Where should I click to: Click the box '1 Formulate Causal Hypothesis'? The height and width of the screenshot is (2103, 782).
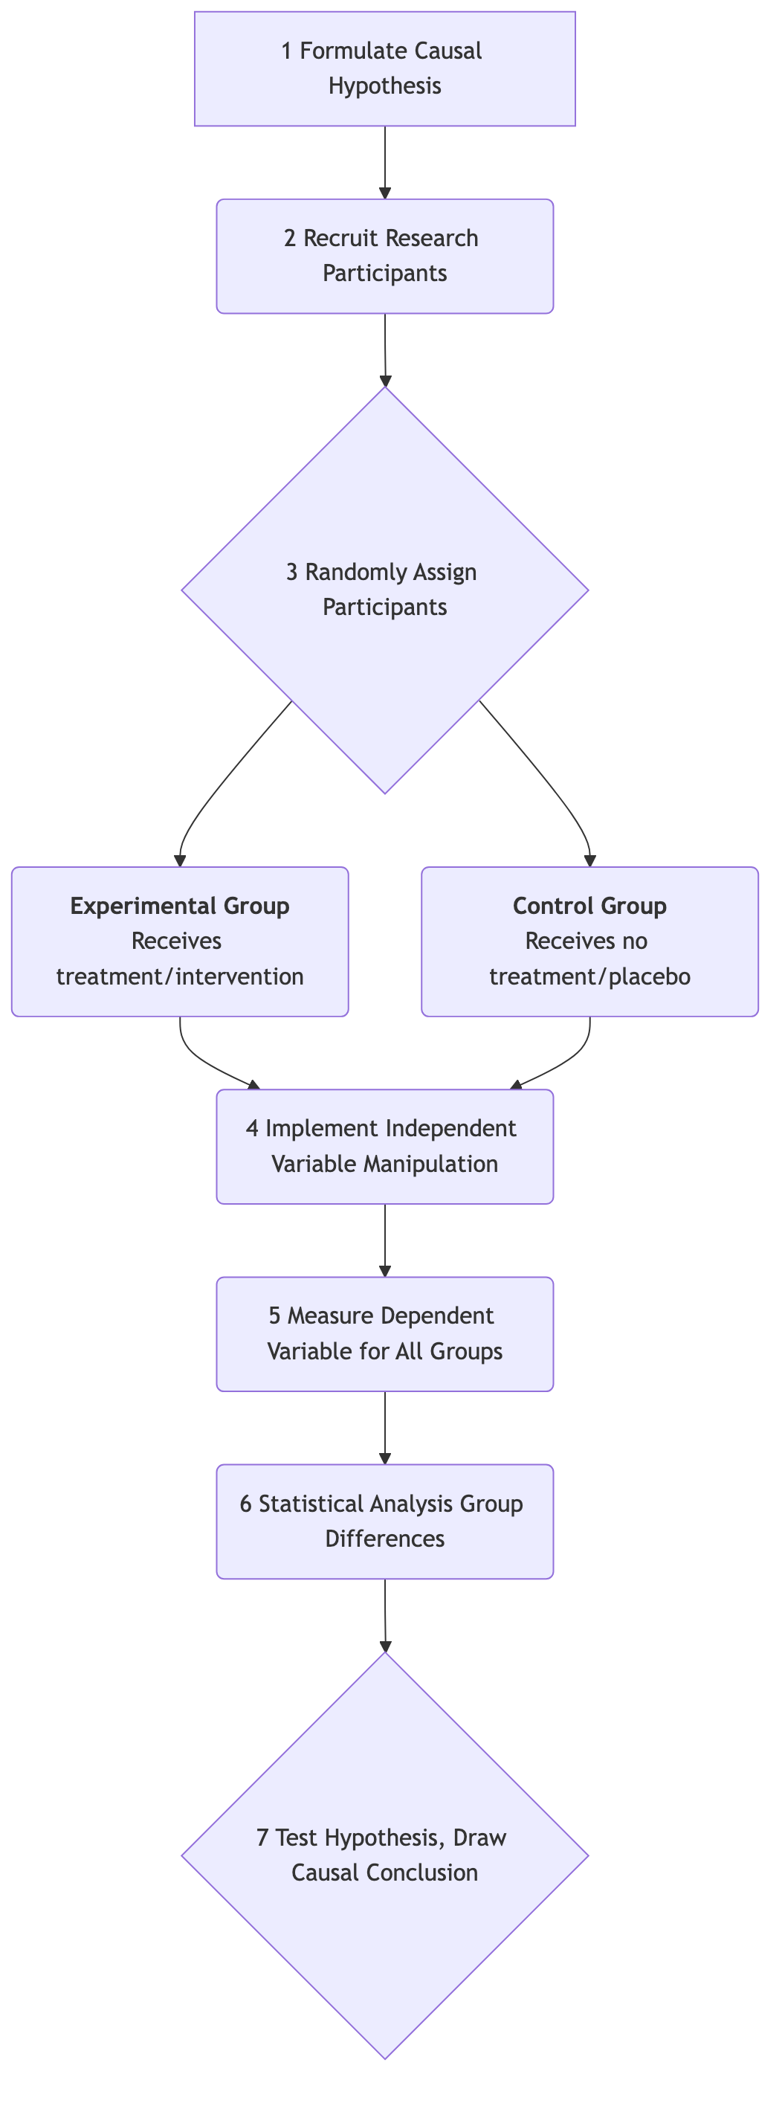pyautogui.click(x=384, y=68)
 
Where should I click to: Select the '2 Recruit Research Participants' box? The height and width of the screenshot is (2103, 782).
pyautogui.click(x=384, y=257)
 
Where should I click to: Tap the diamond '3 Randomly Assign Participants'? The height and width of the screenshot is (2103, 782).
pyautogui.click(x=384, y=590)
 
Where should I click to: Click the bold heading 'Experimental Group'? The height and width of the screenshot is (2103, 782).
pyautogui.click(x=180, y=906)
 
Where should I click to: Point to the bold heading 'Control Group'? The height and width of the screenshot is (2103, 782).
pyautogui.click(x=589, y=906)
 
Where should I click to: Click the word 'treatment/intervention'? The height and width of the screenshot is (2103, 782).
pyautogui.click(x=180, y=976)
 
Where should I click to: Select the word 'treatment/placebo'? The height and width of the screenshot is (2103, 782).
pyautogui.click(x=589, y=976)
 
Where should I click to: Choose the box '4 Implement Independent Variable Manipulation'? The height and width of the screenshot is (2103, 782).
pyautogui.click(x=384, y=1146)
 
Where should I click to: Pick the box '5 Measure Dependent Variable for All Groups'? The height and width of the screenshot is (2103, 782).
pyautogui.click(x=384, y=1334)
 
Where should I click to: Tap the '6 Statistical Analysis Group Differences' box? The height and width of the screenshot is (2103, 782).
pyautogui.click(x=384, y=1521)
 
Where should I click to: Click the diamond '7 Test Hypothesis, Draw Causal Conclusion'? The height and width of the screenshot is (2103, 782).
pyautogui.click(x=384, y=1855)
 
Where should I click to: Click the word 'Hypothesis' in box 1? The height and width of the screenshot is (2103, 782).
pyautogui.click(x=384, y=86)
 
